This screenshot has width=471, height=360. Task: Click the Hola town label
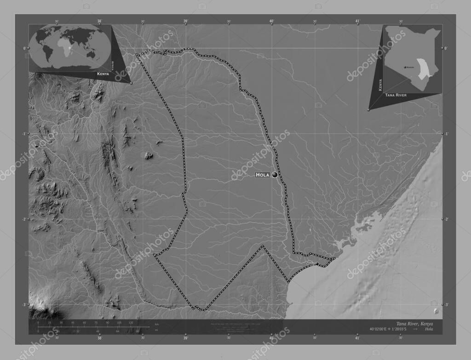point(263,175)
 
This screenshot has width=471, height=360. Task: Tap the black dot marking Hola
point(275,175)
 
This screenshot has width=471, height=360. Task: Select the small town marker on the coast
point(317,263)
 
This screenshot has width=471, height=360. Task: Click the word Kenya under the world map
point(103,74)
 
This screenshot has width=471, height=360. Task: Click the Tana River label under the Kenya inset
point(396,95)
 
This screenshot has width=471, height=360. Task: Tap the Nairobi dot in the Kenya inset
point(405,67)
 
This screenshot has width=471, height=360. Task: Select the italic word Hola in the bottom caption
point(429,329)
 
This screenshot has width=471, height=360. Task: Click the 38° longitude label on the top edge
point(99,21)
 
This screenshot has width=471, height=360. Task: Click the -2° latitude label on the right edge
point(446,219)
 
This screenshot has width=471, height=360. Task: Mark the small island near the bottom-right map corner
point(436,311)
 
